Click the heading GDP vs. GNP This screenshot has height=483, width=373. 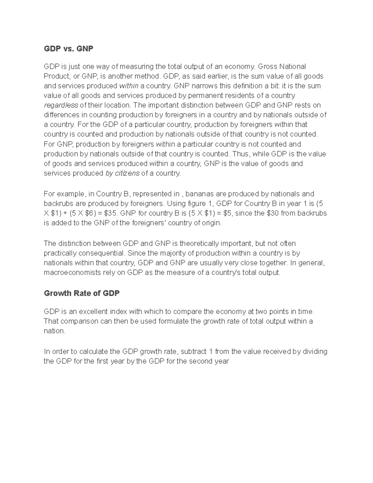coord(68,49)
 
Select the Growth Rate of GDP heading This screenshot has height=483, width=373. coord(82,293)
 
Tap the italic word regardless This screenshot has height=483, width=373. coord(61,105)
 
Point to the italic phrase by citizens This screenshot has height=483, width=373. coord(122,174)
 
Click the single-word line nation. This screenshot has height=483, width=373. coord(54,331)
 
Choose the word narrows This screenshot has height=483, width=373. coord(202,86)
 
